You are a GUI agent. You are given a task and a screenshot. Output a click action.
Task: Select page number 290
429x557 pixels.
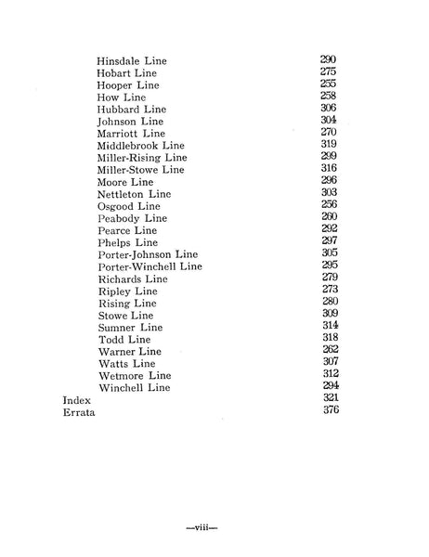328,59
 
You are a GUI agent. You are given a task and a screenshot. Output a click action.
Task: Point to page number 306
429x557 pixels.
328,108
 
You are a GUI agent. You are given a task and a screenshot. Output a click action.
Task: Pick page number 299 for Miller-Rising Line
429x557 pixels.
328,157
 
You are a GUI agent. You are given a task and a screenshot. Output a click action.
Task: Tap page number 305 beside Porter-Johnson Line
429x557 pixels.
328,253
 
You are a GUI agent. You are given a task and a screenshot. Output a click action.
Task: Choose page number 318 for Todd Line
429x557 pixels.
328,338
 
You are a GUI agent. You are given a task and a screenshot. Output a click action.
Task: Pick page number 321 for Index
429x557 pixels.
328,397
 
